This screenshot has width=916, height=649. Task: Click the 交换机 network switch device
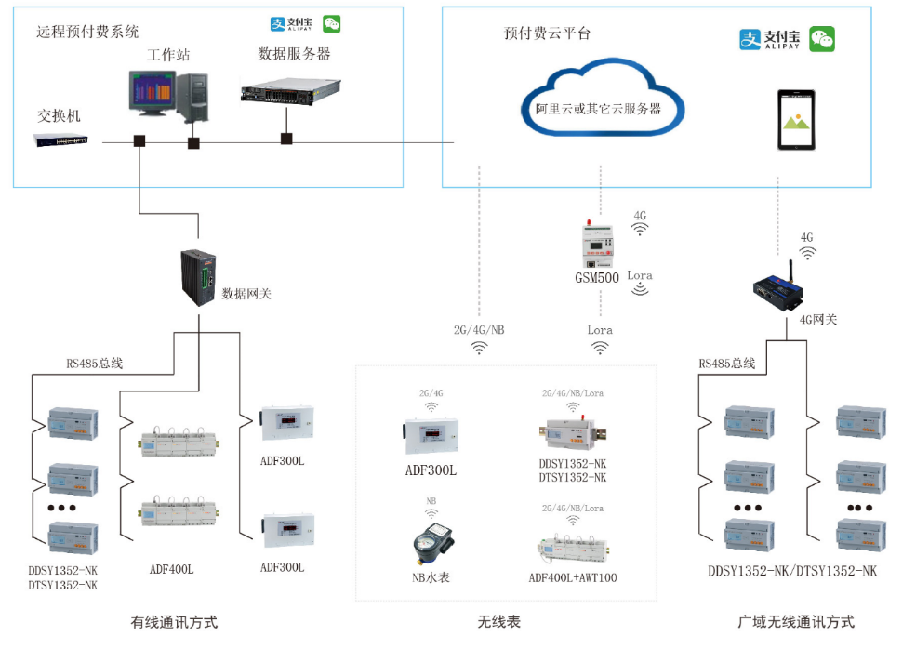point(61,139)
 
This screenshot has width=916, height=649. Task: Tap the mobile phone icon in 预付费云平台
point(796,120)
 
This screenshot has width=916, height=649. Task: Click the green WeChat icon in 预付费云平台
point(821,39)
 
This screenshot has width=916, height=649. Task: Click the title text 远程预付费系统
point(87,32)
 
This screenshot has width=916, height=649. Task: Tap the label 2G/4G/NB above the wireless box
point(480,330)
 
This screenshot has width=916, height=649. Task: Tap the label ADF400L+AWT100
point(572,578)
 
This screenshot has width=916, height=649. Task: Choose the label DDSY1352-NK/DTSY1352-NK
point(792,571)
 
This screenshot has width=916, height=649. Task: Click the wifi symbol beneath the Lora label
point(601,348)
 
